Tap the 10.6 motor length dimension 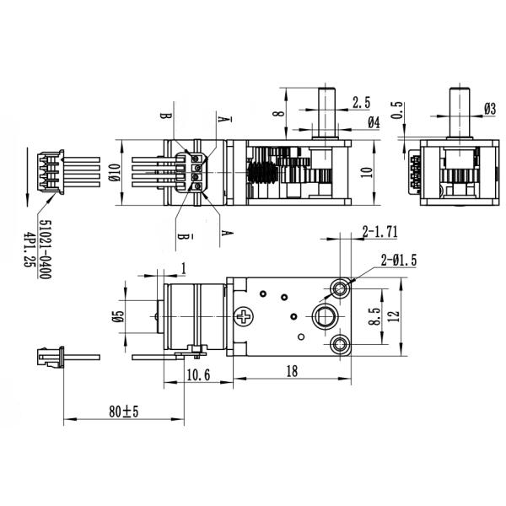click(197, 374)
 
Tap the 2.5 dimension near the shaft click(361, 102)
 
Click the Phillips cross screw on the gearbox click(245, 318)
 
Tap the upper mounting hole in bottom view click(341, 288)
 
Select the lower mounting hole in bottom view click(341, 343)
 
